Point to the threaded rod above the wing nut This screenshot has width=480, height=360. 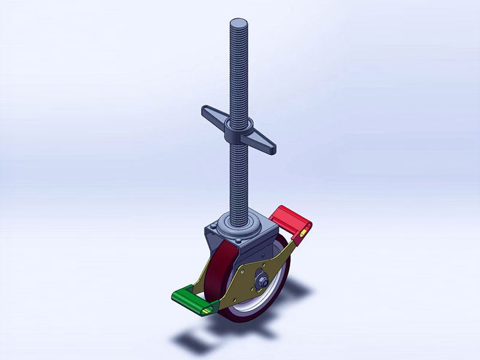pyautogui.click(x=238, y=72)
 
